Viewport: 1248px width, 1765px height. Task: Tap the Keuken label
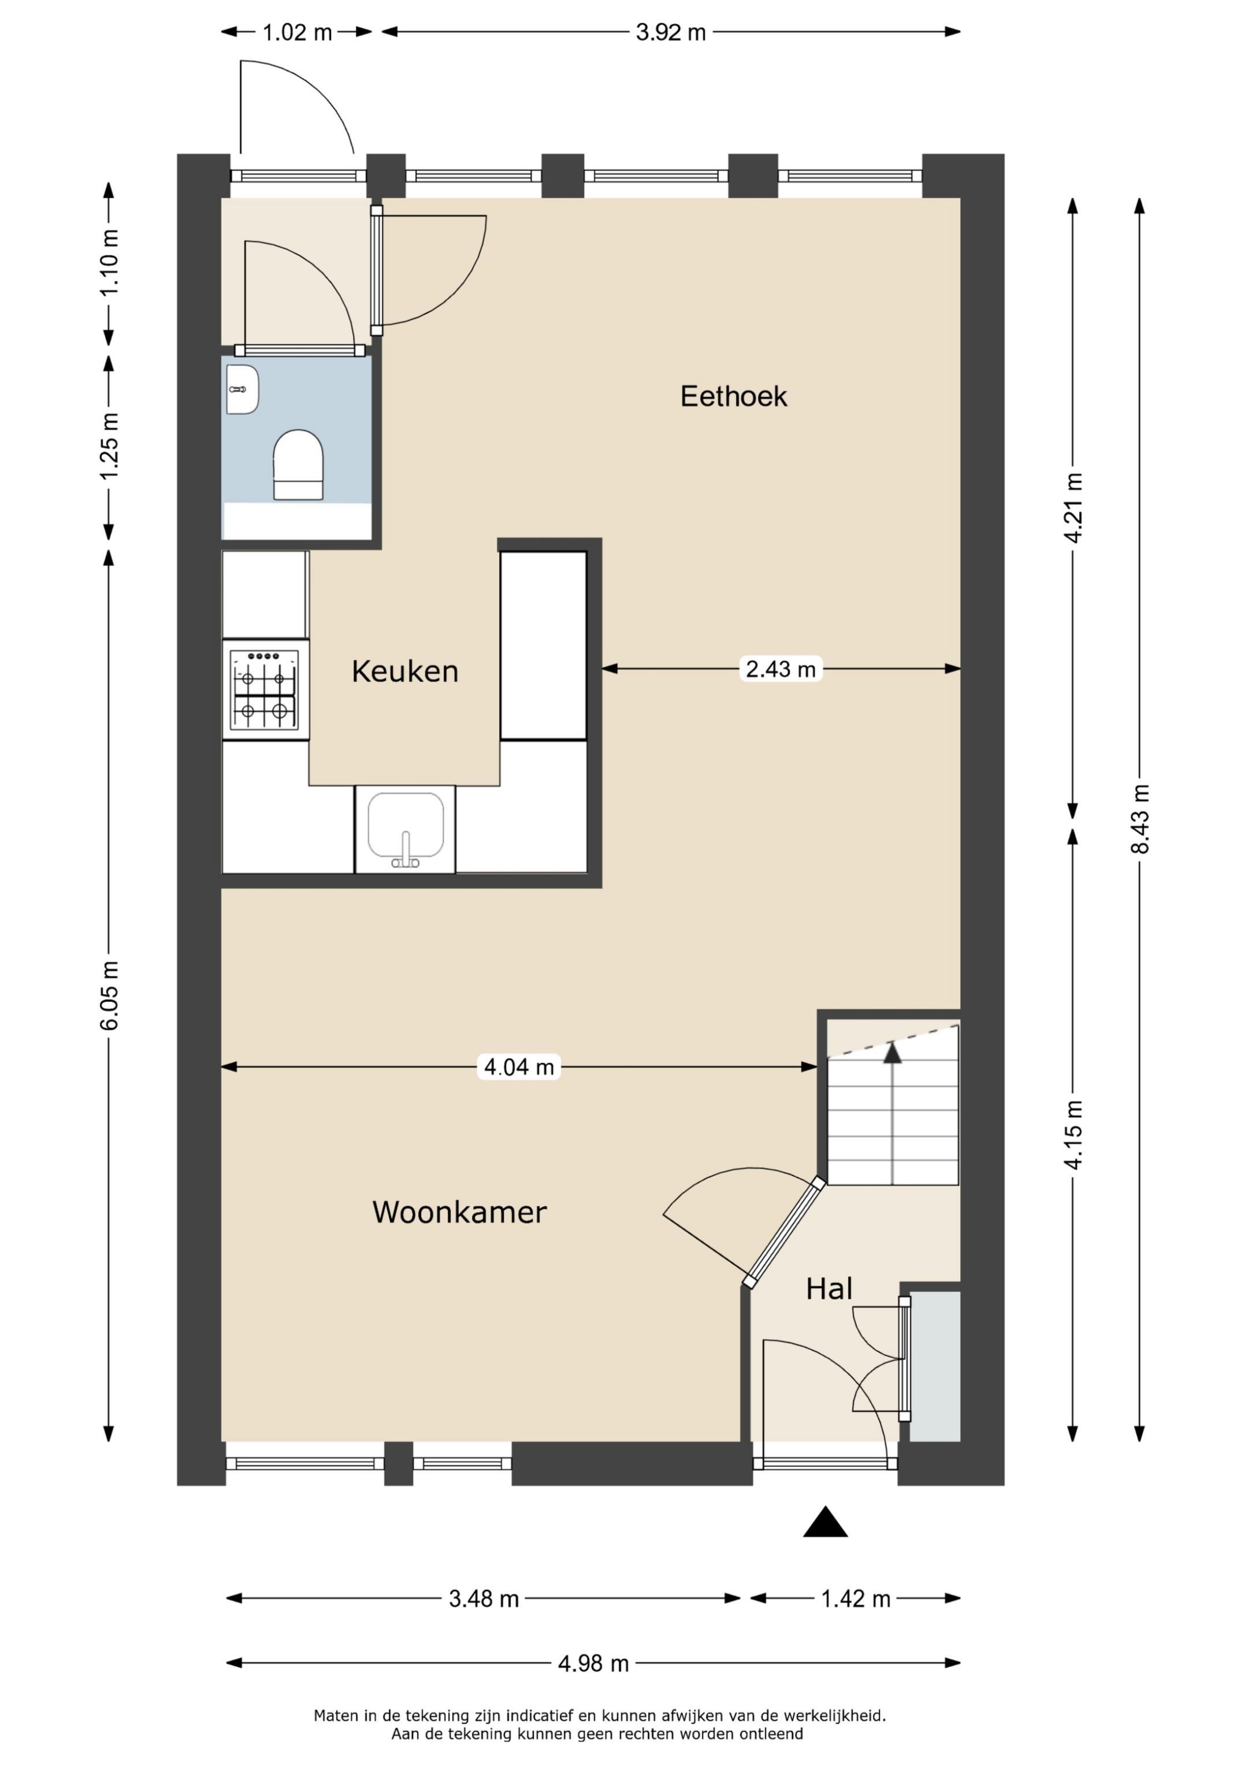pyautogui.click(x=404, y=672)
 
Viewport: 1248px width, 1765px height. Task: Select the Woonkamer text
pyautogui.click(x=459, y=1212)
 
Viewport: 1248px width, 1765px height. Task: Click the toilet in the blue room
pyautogui.click(x=298, y=465)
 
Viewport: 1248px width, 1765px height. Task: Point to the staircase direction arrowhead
pyautogui.click(x=892, y=1053)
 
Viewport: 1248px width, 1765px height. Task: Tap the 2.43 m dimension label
pyautogui.click(x=781, y=669)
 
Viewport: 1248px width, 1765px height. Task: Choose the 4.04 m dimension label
pyautogui.click(x=519, y=1067)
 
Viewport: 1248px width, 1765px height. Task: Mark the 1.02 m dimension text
pyautogui.click(x=298, y=32)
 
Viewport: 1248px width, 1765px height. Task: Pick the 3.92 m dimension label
pyautogui.click(x=671, y=32)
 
